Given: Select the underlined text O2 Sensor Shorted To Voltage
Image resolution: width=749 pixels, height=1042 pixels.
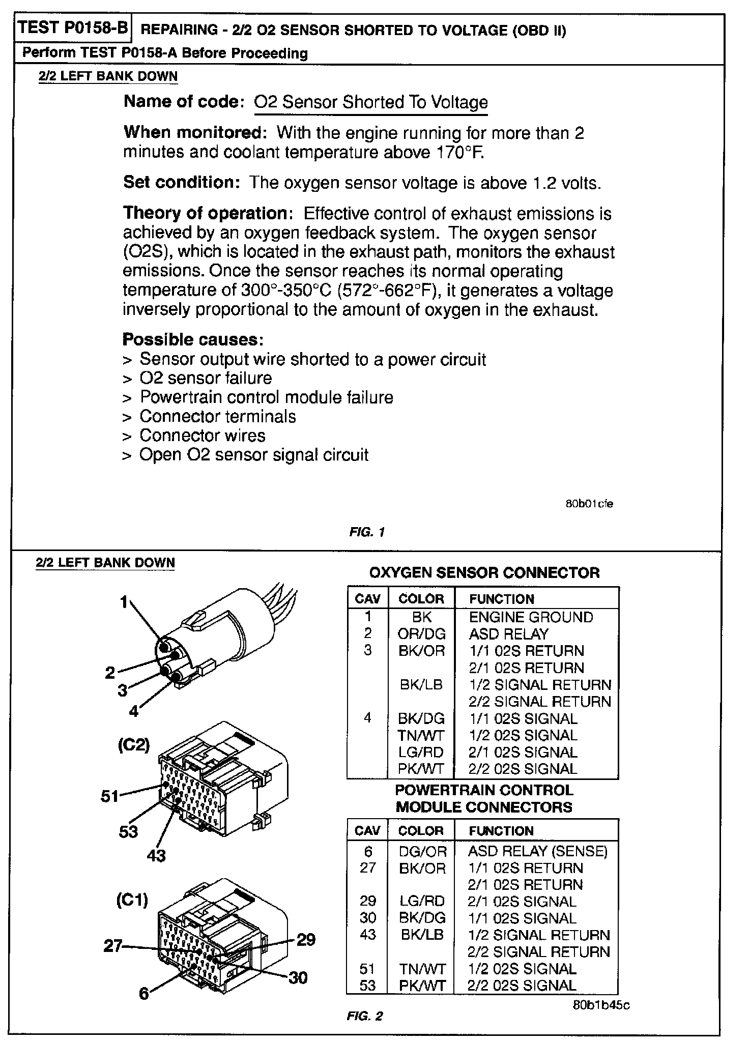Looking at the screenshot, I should [370, 102].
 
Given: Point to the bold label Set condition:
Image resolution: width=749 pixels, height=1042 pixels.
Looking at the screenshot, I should [181, 182].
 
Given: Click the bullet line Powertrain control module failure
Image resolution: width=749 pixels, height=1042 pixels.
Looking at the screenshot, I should [266, 397].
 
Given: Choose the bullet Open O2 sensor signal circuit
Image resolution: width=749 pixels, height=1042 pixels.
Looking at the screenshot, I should [253, 455].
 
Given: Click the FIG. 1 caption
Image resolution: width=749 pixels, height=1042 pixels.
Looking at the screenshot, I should [366, 532].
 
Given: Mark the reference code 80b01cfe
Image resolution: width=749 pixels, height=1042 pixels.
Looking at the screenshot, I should [589, 504].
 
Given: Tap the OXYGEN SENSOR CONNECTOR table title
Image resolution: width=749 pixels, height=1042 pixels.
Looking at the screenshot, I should [484, 573].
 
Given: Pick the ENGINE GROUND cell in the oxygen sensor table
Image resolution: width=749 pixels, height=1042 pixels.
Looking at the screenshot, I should [531, 617].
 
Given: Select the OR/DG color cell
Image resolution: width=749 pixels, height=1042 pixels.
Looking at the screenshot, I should [421, 634].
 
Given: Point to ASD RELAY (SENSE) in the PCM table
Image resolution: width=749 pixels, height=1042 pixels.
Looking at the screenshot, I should [537, 851].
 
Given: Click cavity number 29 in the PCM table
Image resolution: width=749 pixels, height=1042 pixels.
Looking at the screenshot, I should [368, 901].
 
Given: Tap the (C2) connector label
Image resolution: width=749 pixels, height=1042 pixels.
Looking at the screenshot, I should [134, 745].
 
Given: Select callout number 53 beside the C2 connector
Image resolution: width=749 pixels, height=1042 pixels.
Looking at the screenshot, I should [128, 831].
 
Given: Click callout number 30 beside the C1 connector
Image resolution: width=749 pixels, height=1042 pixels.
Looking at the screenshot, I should [298, 977].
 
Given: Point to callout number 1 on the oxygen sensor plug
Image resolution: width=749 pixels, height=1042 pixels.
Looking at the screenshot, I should [124, 602].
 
